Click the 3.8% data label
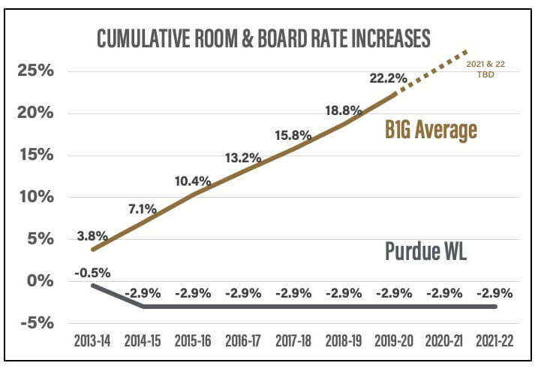(x=92, y=236)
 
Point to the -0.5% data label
(x=94, y=272)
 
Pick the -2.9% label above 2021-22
(x=494, y=293)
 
